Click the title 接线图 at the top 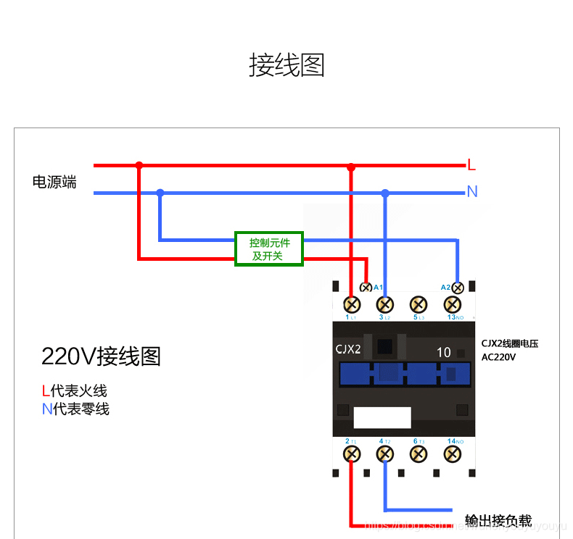(286, 65)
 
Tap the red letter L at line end (471, 165)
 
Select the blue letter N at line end (472, 192)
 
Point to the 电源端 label (54, 182)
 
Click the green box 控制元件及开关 (269, 248)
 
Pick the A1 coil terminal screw (366, 288)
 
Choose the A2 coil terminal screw (458, 288)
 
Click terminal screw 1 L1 (352, 304)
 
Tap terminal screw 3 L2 (385, 304)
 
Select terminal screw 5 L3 (419, 304)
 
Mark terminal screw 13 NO (453, 304)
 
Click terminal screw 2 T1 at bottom (352, 454)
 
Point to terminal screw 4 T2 (385, 454)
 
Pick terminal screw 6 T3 (419, 454)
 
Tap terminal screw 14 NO (453, 454)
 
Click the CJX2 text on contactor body (348, 349)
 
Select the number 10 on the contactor (444, 353)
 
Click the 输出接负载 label (498, 521)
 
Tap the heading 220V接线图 (101, 356)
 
